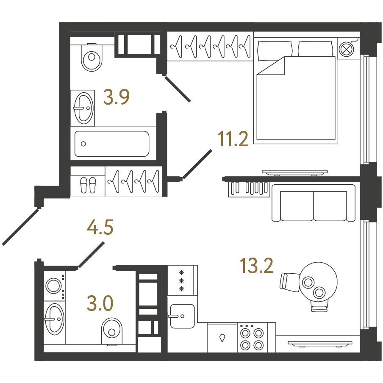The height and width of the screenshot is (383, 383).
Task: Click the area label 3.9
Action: click(116, 97)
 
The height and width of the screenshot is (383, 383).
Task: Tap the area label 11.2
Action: click(233, 139)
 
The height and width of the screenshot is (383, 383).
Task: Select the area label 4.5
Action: click(100, 227)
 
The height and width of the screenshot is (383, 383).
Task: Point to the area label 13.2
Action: click(256, 265)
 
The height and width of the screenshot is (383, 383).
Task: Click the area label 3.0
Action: click(100, 303)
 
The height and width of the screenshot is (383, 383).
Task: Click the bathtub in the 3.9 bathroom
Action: click(112, 144)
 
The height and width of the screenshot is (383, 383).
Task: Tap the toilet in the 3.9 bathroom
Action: click(92, 57)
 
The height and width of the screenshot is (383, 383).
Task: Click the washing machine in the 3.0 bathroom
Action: click(55, 286)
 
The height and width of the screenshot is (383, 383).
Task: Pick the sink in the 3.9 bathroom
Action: click(83, 108)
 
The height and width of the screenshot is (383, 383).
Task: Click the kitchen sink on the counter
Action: click(182, 316)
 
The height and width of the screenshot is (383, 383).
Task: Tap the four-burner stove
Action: click(253, 338)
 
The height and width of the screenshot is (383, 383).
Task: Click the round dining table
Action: click(318, 282)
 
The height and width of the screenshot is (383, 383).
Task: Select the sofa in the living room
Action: click(314, 203)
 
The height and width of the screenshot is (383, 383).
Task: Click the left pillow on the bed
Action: click(274, 50)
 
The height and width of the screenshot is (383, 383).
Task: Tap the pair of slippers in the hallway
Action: click(88, 185)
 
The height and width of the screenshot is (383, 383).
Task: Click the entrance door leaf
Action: click(20, 227)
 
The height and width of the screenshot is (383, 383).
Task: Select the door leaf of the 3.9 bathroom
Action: click(178, 89)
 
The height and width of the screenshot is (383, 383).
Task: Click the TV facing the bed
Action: click(294, 173)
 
